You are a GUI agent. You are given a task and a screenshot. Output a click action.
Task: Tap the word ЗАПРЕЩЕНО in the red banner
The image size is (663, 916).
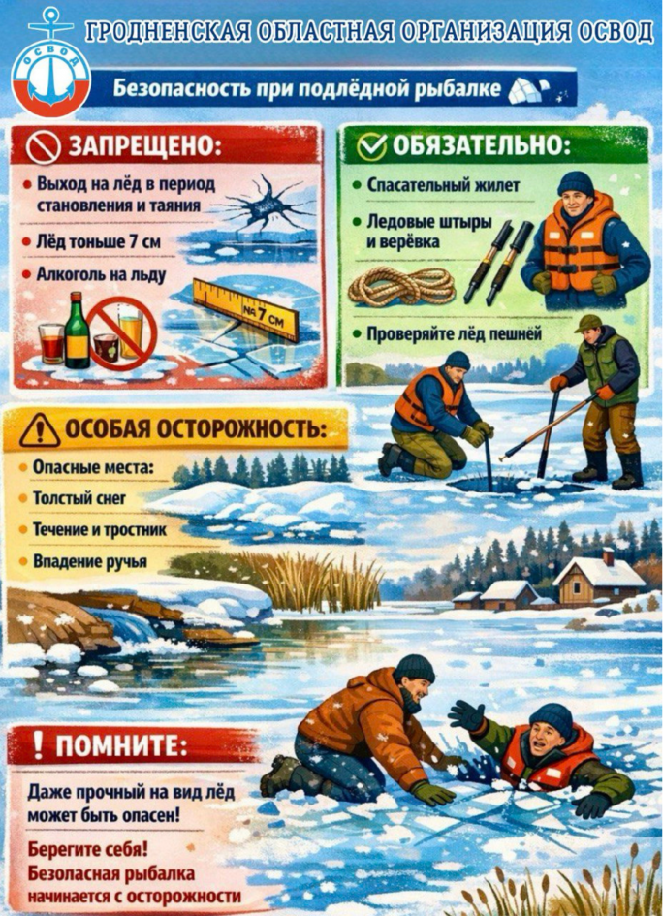click(x=145, y=146)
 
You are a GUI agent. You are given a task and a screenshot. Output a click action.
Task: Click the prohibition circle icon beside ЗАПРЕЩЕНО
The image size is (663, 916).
click(x=44, y=147)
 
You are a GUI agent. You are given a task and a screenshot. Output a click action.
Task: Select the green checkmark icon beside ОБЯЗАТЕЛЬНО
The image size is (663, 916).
click(x=371, y=146)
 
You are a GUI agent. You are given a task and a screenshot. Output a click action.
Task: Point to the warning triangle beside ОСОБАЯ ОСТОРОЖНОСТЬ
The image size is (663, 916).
click(x=40, y=430)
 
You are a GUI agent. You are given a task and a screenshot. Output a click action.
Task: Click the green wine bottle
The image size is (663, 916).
click(x=77, y=332)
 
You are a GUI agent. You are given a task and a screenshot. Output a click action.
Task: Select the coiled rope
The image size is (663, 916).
click(x=401, y=286)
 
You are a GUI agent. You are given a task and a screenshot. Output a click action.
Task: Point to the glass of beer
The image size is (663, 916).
click(x=130, y=332)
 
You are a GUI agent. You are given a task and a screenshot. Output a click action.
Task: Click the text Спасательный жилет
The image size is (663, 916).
click(x=443, y=185)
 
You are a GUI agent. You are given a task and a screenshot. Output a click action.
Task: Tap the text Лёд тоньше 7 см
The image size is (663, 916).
click(x=98, y=241)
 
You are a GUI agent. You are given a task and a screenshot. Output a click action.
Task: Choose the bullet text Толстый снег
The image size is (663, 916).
click(x=79, y=497)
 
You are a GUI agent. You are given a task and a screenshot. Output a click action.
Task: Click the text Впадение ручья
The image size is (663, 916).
click(x=89, y=561)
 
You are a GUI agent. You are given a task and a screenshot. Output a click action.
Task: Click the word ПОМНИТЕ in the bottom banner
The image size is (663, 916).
click(x=121, y=746)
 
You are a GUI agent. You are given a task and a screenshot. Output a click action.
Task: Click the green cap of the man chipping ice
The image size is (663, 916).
click(x=586, y=324)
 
